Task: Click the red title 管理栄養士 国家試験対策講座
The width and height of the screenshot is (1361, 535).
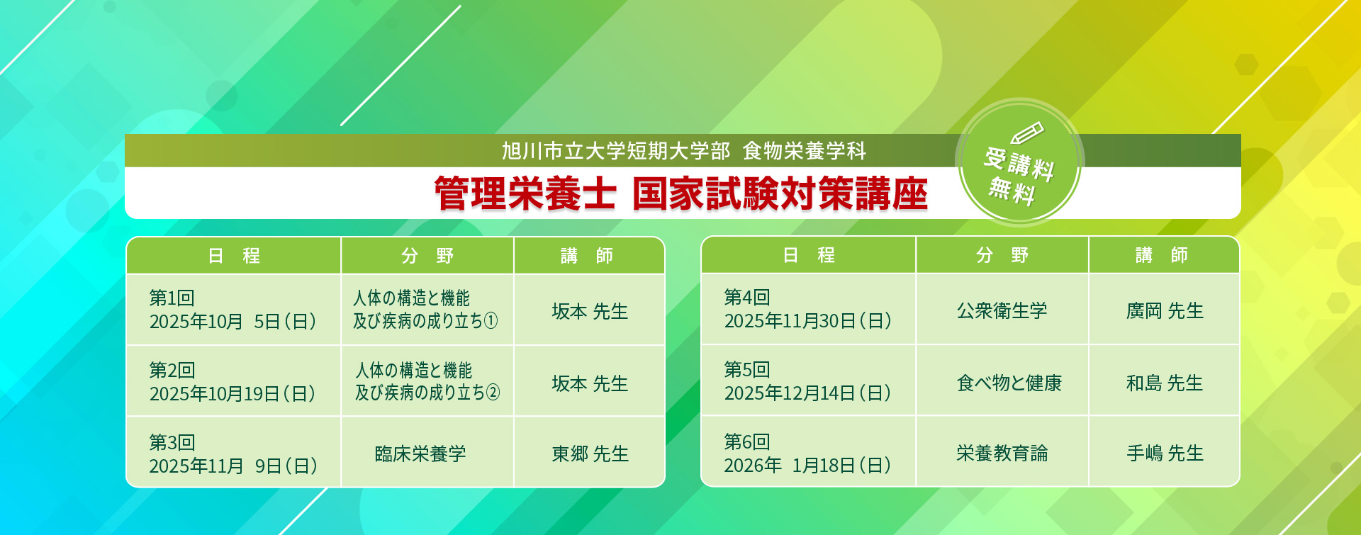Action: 680,193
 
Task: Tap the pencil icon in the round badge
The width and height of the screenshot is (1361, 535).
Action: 1027,133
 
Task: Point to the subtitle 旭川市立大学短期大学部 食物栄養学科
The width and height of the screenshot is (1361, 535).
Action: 684,151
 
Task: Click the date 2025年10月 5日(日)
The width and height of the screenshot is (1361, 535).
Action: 233,322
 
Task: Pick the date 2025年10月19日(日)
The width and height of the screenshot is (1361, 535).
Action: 233,394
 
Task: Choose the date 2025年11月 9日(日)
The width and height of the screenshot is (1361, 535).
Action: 233,466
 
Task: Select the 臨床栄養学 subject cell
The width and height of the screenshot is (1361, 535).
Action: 420,454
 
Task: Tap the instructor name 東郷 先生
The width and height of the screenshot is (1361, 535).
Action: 590,454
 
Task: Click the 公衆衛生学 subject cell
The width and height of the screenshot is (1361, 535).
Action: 1002,310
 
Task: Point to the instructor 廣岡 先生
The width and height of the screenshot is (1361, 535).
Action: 1165,310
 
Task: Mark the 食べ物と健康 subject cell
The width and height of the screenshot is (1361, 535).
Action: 1009,383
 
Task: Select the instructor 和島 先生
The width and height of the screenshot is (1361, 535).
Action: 1165,383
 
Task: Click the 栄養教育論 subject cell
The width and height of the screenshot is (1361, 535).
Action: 1002,453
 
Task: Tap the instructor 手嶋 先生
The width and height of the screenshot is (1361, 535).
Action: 1165,453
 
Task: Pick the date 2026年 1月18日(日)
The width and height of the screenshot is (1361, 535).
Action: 807,466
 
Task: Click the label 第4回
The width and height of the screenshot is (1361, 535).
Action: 747,298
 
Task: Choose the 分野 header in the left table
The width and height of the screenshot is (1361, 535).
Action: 427,256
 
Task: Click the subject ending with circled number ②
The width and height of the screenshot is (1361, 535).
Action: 427,381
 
